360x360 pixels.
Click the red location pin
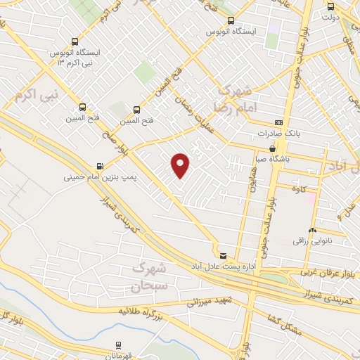181,166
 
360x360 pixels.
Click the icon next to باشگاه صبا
272,148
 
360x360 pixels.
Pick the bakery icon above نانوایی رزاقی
311,231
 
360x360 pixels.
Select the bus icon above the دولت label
330,6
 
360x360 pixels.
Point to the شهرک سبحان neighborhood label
148,278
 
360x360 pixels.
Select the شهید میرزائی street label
214,302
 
